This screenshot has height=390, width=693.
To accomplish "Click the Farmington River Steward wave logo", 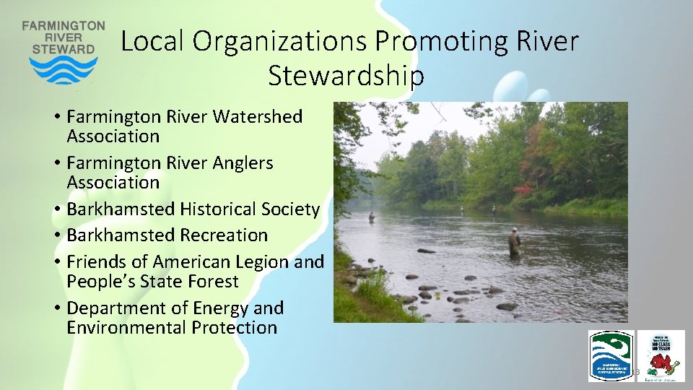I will [64, 70].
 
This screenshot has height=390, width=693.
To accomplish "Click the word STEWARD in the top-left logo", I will [64, 49].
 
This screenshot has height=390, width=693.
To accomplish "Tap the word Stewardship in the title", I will [346, 74].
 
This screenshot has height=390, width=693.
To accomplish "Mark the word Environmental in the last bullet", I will [126, 328].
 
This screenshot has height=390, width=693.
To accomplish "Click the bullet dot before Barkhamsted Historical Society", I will [57, 210].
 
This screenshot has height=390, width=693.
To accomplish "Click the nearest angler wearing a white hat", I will [514, 241].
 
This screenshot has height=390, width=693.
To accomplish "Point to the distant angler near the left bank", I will [372, 216].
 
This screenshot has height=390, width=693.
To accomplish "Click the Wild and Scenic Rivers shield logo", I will [611, 355].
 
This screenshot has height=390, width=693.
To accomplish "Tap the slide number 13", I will [637, 372].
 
